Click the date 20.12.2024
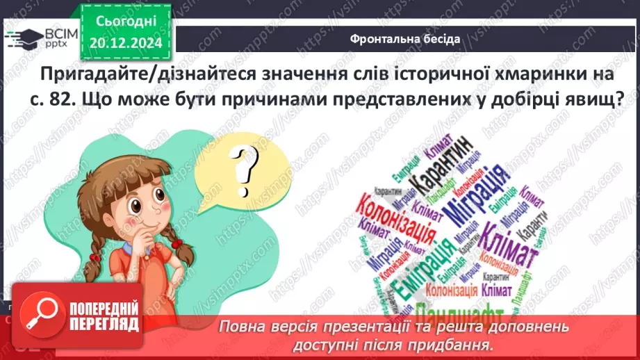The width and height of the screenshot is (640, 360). pos(127,43)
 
